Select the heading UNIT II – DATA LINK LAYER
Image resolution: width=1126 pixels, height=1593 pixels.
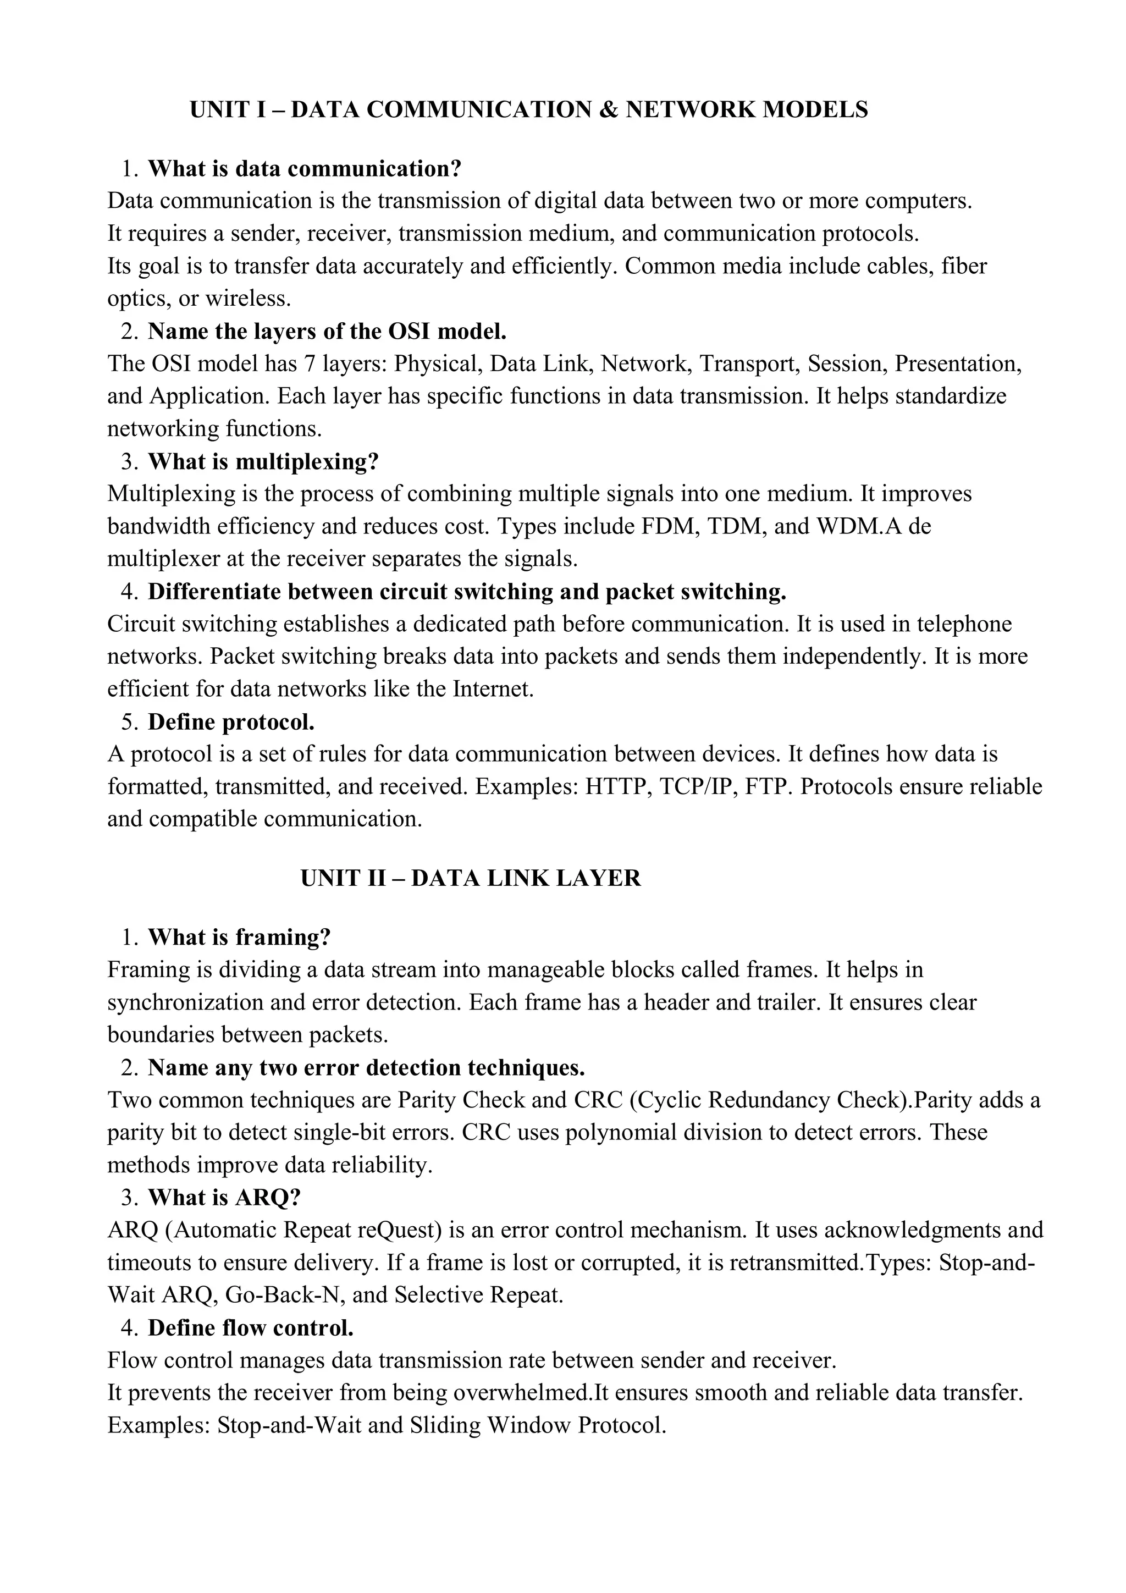click(x=471, y=878)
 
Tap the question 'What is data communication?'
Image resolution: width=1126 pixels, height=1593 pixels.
click(x=305, y=169)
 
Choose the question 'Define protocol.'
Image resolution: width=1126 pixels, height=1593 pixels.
click(x=231, y=722)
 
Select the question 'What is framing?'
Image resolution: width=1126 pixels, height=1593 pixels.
click(x=239, y=938)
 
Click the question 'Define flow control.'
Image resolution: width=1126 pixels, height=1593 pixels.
click(x=251, y=1328)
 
